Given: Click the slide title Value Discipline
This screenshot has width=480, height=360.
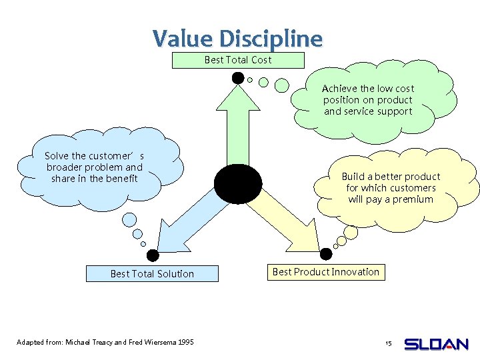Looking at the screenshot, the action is (237, 39).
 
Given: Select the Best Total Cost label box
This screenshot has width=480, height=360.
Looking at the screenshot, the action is (238, 60).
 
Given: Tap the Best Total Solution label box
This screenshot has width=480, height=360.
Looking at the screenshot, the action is (152, 273).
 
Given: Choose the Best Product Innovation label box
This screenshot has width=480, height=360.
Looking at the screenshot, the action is (326, 271).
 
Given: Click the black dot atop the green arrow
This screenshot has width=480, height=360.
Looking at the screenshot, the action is (237, 78).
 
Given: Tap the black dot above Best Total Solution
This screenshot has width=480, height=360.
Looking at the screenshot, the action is (153, 255).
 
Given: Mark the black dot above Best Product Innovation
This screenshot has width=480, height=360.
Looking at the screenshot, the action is (327, 254).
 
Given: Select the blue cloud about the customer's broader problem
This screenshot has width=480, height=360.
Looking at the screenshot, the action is (97, 167).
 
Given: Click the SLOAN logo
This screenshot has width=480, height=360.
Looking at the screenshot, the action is (437, 344).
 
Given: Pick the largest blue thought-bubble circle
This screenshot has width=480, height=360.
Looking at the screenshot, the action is (130, 219).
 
